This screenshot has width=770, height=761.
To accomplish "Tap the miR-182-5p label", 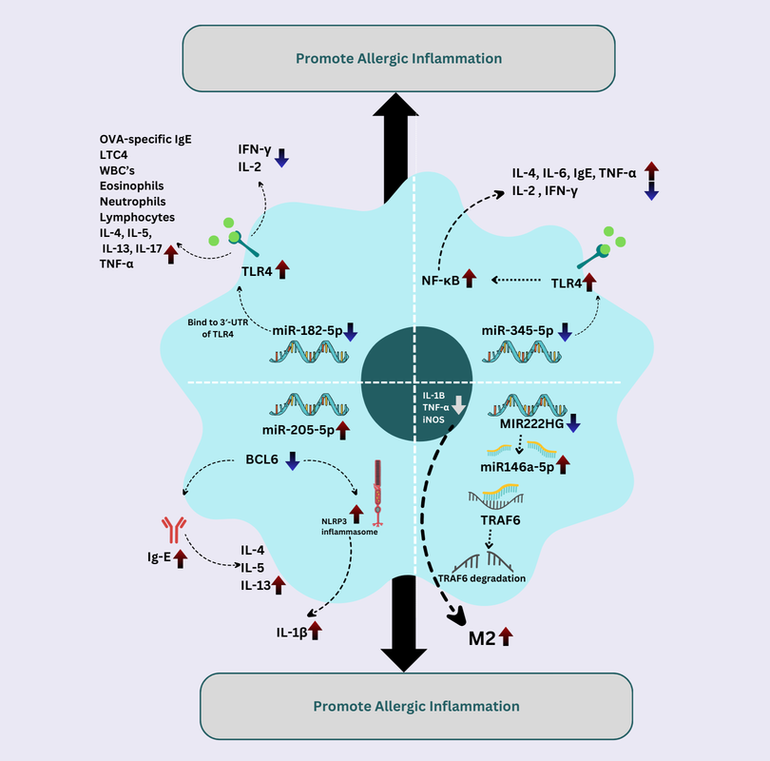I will coord(306,331).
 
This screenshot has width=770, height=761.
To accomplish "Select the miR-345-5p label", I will coord(517,331).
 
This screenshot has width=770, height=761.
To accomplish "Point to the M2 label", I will coord(482,638).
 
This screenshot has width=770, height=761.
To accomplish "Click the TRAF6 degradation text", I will coord(481,577).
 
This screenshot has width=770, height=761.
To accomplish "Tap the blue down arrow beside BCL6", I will coord(293,462).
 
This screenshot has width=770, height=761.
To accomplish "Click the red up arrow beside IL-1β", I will coord(316,629).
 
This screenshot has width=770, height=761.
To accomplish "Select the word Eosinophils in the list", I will coord(132,186).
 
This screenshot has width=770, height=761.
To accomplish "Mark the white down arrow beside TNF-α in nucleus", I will coord(458,404).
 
